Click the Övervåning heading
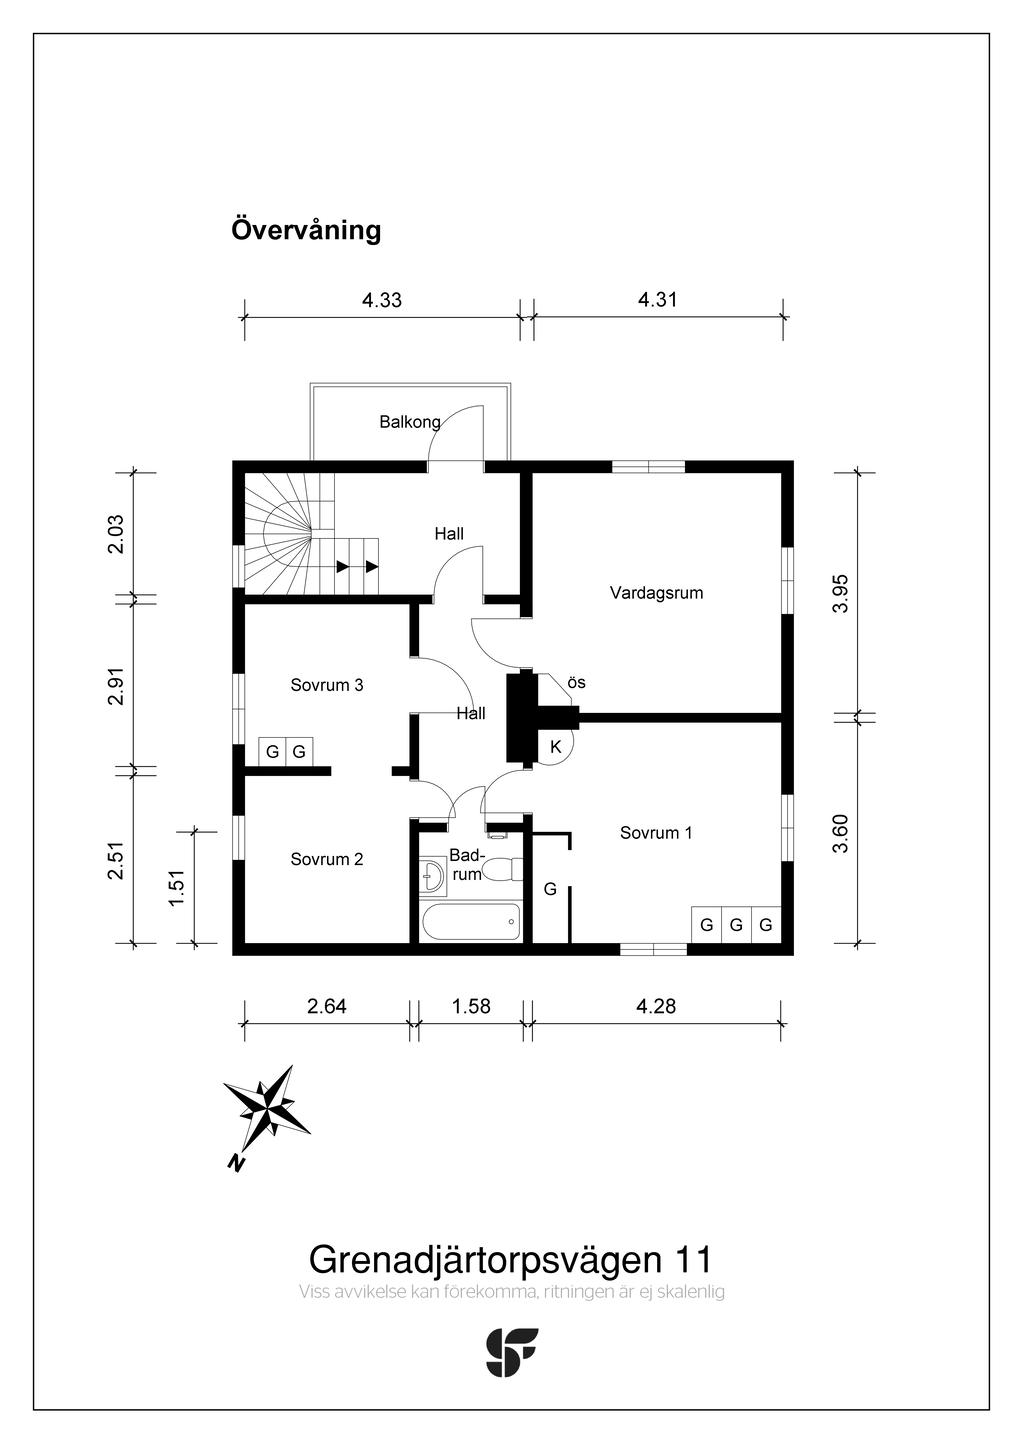click(306, 230)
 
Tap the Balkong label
click(409, 422)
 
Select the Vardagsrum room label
click(656, 593)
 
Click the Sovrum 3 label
click(326, 685)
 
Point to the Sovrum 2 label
click(326, 859)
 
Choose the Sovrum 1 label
click(655, 833)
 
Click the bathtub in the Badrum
click(471, 921)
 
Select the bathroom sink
click(433, 873)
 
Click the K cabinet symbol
click(555, 747)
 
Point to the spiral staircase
click(289, 535)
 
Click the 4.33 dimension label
click(381, 300)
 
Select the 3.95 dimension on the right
click(841, 593)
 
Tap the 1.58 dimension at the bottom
click(470, 1006)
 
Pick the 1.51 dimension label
click(177, 887)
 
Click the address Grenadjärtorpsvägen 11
click(510, 1259)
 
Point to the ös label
click(576, 683)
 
